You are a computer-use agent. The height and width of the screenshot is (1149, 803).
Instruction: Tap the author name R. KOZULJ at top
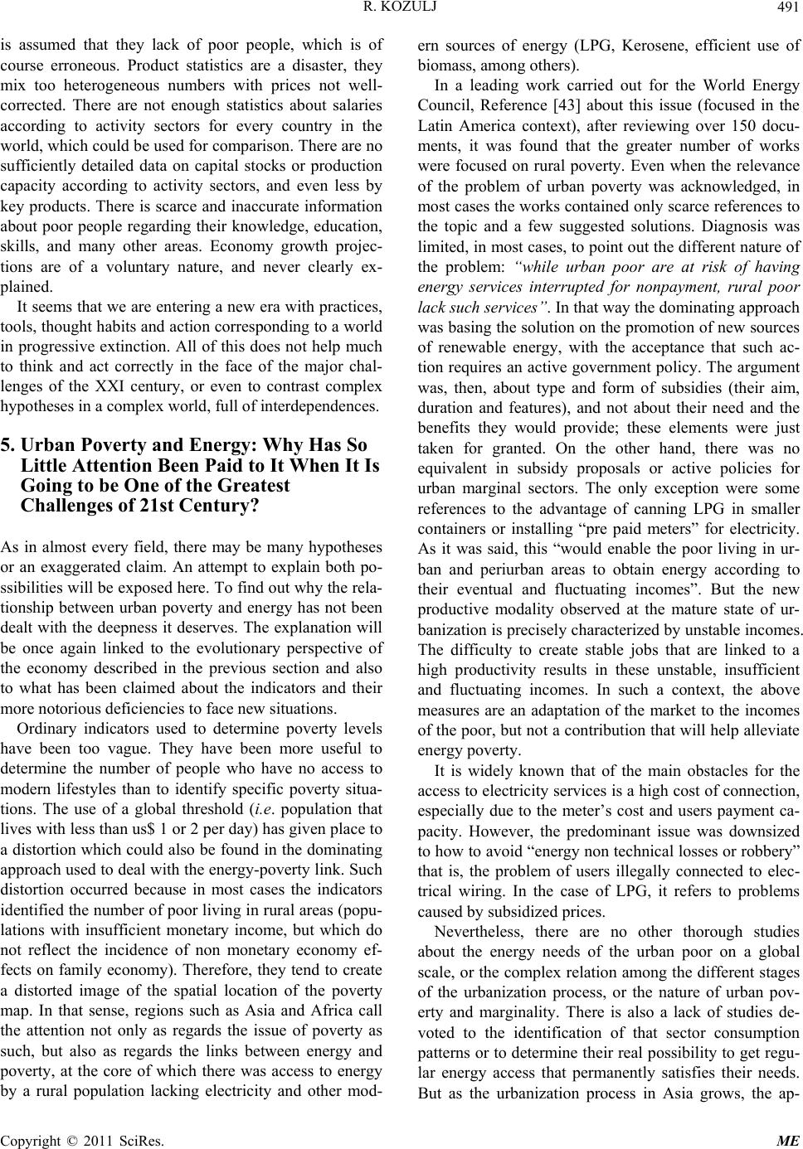coord(401,10)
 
